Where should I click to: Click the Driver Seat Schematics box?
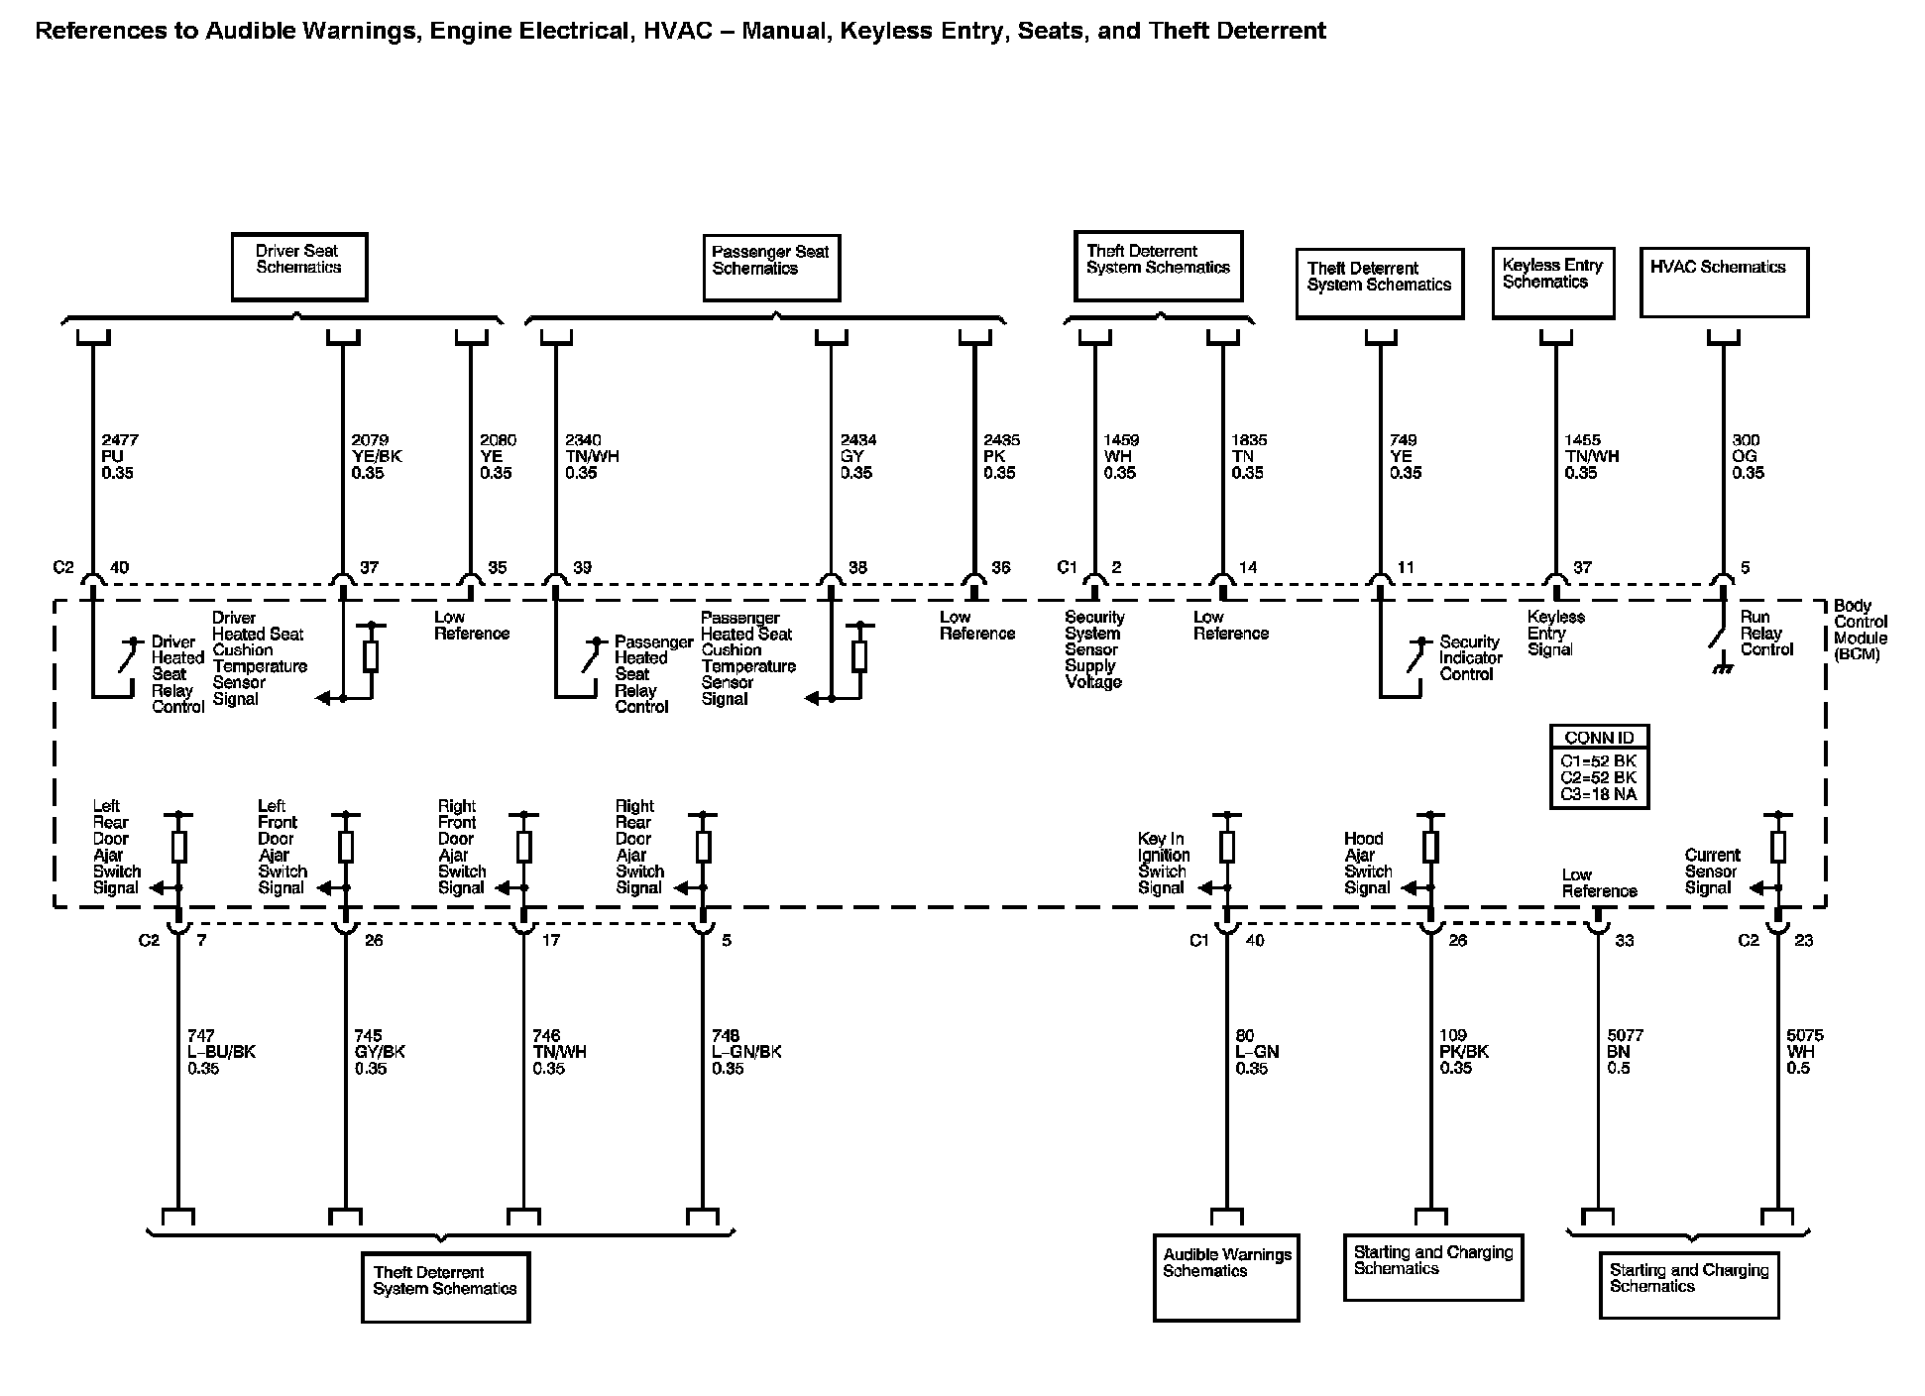pos(298,267)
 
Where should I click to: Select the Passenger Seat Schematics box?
pos(771,268)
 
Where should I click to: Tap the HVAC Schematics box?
pos(1724,283)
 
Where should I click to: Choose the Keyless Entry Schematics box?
pos(1552,283)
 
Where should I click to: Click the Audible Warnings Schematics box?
pos(1226,1277)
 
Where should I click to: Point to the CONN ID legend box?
pos(1599,765)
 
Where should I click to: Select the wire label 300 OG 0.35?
pos(1749,456)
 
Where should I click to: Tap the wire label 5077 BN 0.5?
pos(1625,1051)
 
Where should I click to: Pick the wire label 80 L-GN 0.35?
pos(1255,1051)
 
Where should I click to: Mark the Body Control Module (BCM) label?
pos(1860,630)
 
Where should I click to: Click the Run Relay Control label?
pos(1766,634)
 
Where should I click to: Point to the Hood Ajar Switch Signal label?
pos(1367,863)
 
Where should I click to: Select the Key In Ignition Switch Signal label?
pos(1163,863)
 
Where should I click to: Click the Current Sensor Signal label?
pos(1711,871)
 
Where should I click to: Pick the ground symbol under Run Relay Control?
pos(1723,669)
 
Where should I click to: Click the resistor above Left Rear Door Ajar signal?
pos(179,847)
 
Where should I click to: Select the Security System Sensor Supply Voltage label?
pos(1093,649)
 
